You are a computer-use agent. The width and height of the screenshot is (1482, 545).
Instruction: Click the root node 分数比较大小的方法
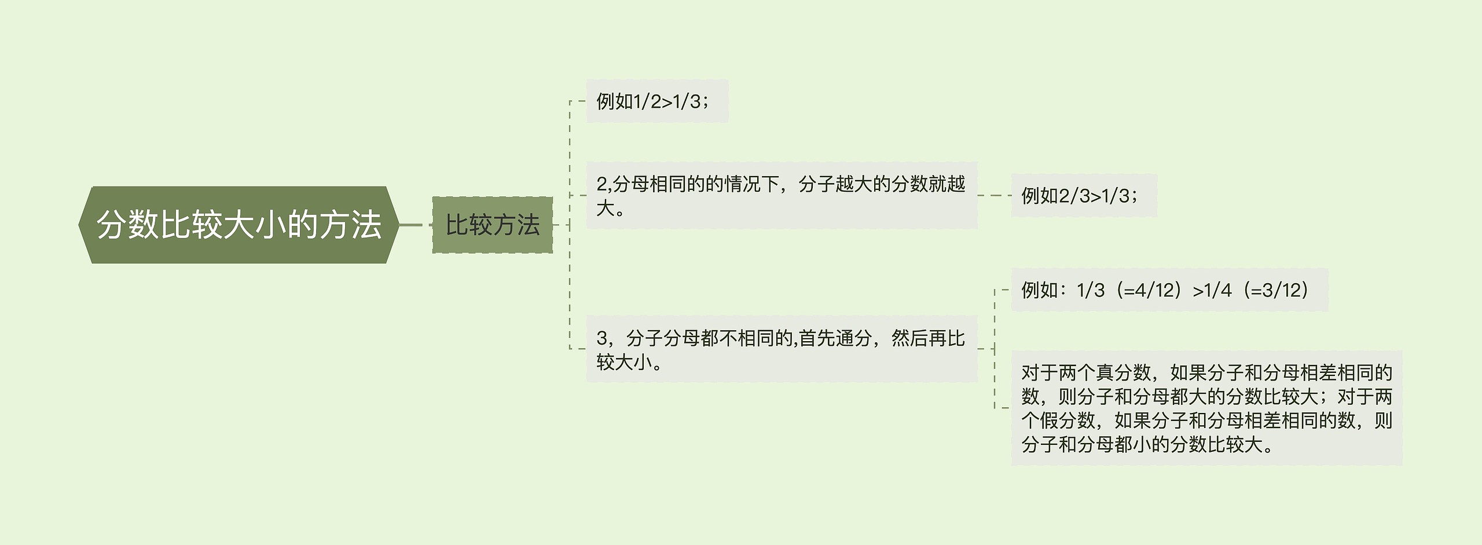coord(239,225)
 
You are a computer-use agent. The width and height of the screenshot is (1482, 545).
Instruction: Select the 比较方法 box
coord(492,225)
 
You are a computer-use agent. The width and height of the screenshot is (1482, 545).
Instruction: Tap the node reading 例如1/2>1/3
coord(656,101)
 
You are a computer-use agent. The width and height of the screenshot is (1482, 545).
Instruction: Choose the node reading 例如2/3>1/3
coord(1083,196)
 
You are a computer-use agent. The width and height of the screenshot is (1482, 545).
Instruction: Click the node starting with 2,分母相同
coord(781,195)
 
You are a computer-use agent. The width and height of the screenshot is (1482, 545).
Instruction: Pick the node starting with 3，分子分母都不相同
coord(781,349)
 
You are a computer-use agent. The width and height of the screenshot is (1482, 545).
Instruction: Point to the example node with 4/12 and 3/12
coord(1169,290)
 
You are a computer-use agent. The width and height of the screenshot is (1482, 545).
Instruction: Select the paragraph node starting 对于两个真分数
coord(1206,408)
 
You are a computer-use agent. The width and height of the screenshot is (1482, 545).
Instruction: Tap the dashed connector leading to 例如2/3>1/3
coord(994,196)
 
